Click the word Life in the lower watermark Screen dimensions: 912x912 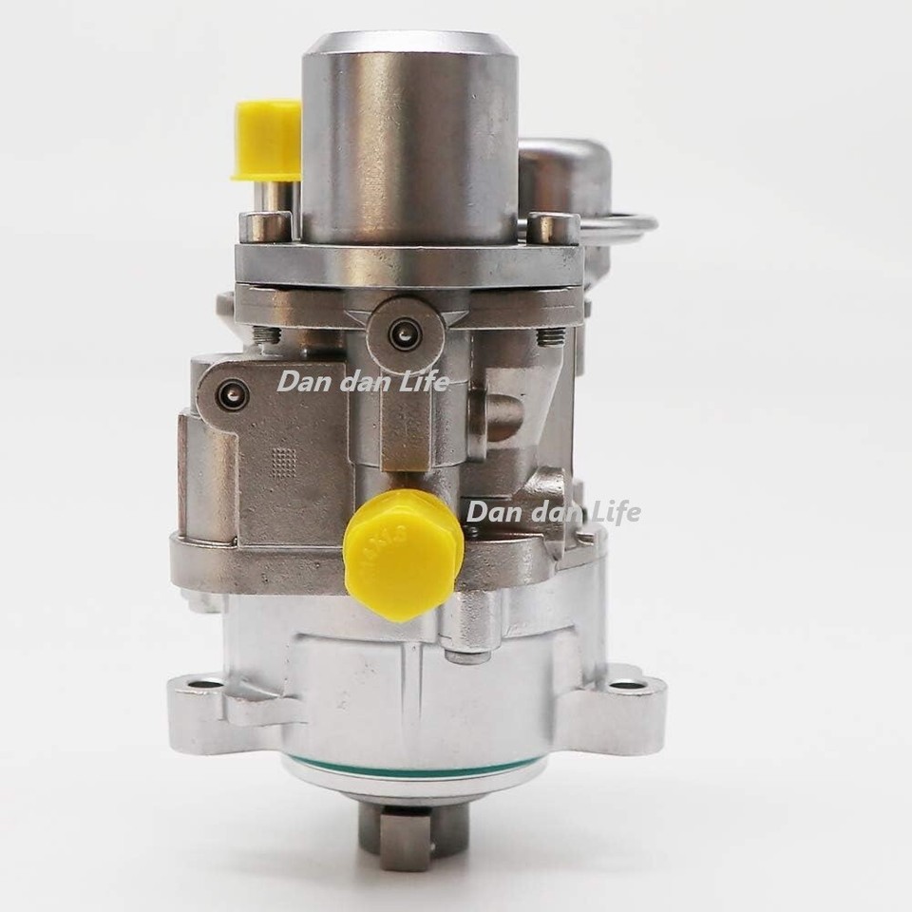pyautogui.click(x=614, y=512)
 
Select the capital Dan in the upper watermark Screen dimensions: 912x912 pyautogui.click(x=297, y=382)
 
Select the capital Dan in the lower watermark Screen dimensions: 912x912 pyautogui.click(x=488, y=512)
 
